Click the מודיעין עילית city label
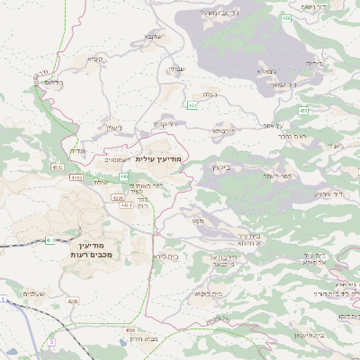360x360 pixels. [x=163, y=157]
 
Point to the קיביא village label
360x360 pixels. [x=94, y=59]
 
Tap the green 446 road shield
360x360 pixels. [x=124, y=175]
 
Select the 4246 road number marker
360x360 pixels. [x=73, y=301]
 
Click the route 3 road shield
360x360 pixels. [x=52, y=342]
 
